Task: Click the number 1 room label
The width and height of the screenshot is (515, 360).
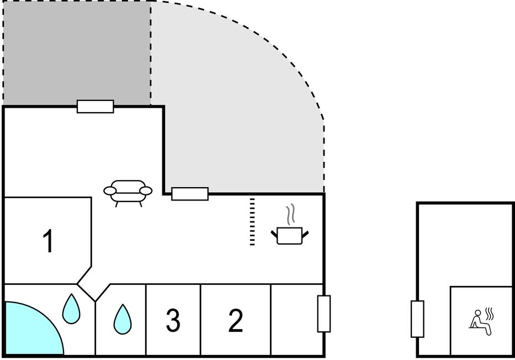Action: pyautogui.click(x=49, y=241)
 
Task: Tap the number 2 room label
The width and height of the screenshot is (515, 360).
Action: pyautogui.click(x=236, y=321)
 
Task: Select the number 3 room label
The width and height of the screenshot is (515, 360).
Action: pyautogui.click(x=173, y=321)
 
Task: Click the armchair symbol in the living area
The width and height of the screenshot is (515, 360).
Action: pyautogui.click(x=128, y=192)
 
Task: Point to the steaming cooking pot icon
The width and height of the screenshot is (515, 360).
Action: pyautogui.click(x=290, y=235)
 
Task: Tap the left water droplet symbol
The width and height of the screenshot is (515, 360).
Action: pyautogui.click(x=71, y=309)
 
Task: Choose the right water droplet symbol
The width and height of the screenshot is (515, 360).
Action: pyautogui.click(x=122, y=319)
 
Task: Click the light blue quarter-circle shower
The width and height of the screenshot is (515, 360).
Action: pyautogui.click(x=30, y=331)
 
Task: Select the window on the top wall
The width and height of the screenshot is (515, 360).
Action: pyautogui.click(x=95, y=107)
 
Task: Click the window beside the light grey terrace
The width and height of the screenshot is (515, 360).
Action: pyautogui.click(x=190, y=194)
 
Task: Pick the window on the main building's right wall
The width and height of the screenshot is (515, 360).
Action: pyautogui.click(x=324, y=314)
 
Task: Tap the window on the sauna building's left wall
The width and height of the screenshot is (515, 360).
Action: pyautogui.click(x=417, y=319)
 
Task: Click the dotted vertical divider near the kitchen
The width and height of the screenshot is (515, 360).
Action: pyautogui.click(x=252, y=221)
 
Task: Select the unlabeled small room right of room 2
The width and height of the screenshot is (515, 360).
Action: pyautogui.click(x=296, y=320)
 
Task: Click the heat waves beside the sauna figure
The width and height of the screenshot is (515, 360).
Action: pyautogui.click(x=489, y=314)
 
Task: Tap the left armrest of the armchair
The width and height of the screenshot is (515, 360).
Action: pyautogui.click(x=110, y=191)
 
